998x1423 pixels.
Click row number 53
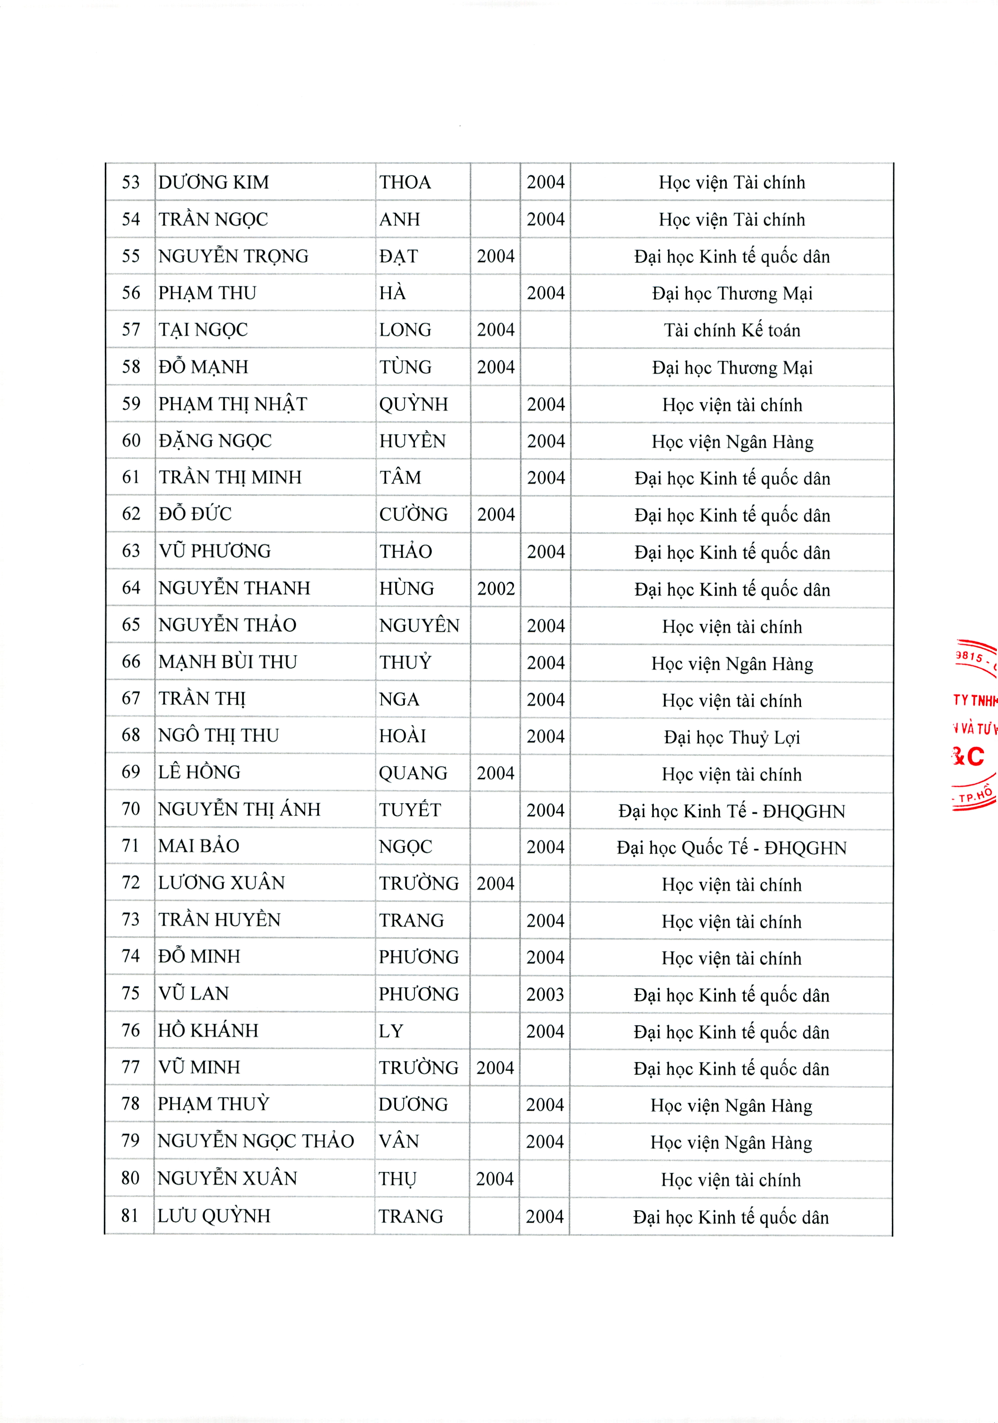click(131, 182)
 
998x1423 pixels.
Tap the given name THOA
click(405, 182)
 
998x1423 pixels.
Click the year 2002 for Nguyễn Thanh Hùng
click(496, 588)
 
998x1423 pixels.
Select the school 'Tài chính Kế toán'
click(732, 330)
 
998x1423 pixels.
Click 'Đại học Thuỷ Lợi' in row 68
click(732, 737)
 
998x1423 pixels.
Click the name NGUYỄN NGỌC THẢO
click(255, 1141)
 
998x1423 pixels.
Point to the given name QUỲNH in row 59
click(414, 404)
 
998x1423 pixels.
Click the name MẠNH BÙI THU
click(228, 662)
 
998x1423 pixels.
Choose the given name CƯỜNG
click(414, 514)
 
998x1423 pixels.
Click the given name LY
click(391, 1031)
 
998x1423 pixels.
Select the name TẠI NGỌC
click(203, 330)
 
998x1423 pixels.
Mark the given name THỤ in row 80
click(397, 1178)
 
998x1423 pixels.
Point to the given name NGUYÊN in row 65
click(419, 625)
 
